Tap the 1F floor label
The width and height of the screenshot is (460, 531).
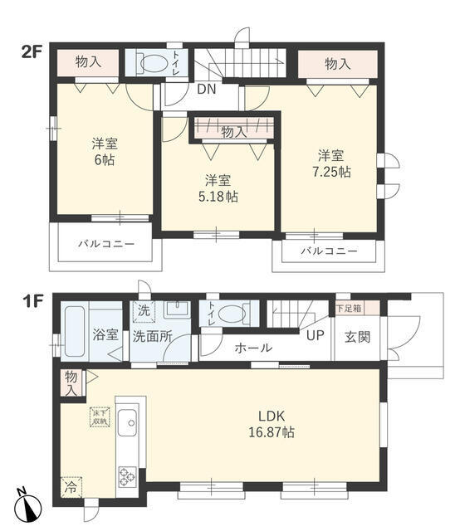click(31, 295)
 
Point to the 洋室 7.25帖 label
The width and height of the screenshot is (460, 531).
click(330, 163)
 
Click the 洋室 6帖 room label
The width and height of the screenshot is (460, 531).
click(104, 150)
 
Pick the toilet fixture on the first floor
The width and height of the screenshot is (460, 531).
click(232, 314)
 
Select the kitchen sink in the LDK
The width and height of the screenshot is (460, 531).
click(130, 426)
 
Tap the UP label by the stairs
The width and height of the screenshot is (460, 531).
click(314, 337)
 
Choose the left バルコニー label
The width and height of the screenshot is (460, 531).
click(105, 245)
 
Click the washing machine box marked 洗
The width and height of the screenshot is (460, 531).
click(143, 312)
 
